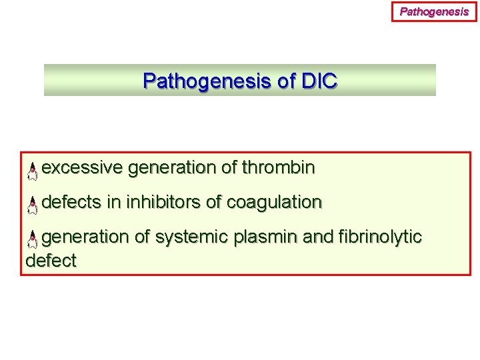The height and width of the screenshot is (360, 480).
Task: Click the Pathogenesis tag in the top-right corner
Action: (x=434, y=11)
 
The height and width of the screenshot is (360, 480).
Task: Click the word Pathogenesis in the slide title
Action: (x=199, y=81)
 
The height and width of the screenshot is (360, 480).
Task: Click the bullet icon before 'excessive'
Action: (x=32, y=171)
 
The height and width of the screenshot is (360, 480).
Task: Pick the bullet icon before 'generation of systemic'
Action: (x=32, y=240)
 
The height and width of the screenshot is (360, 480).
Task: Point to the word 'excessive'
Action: (x=82, y=168)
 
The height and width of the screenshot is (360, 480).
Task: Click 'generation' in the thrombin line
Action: (x=171, y=168)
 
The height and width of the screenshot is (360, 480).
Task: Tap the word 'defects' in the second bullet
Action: (x=71, y=202)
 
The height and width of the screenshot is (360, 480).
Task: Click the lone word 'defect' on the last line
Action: (x=51, y=261)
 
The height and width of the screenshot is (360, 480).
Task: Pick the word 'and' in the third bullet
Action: (x=317, y=237)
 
